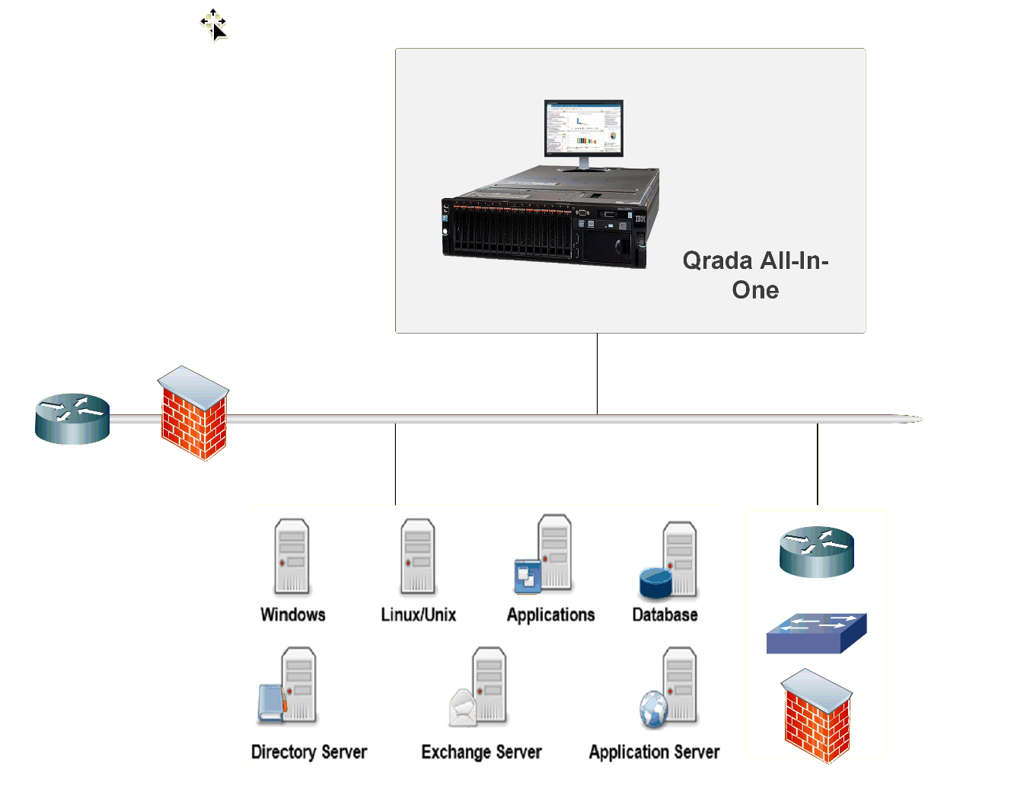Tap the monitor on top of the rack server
click(x=583, y=129)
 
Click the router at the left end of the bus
click(x=72, y=418)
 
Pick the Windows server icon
click(x=292, y=557)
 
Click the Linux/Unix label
click(x=418, y=615)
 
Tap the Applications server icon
click(x=545, y=555)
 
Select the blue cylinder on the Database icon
click(x=655, y=583)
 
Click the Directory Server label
click(x=309, y=752)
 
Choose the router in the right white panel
click(x=817, y=551)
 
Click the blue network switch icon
click(x=816, y=633)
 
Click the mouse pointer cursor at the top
click(x=215, y=27)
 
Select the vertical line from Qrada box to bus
click(x=598, y=373)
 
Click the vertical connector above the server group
click(x=395, y=464)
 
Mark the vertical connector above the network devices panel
click(x=818, y=464)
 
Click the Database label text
click(x=665, y=615)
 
